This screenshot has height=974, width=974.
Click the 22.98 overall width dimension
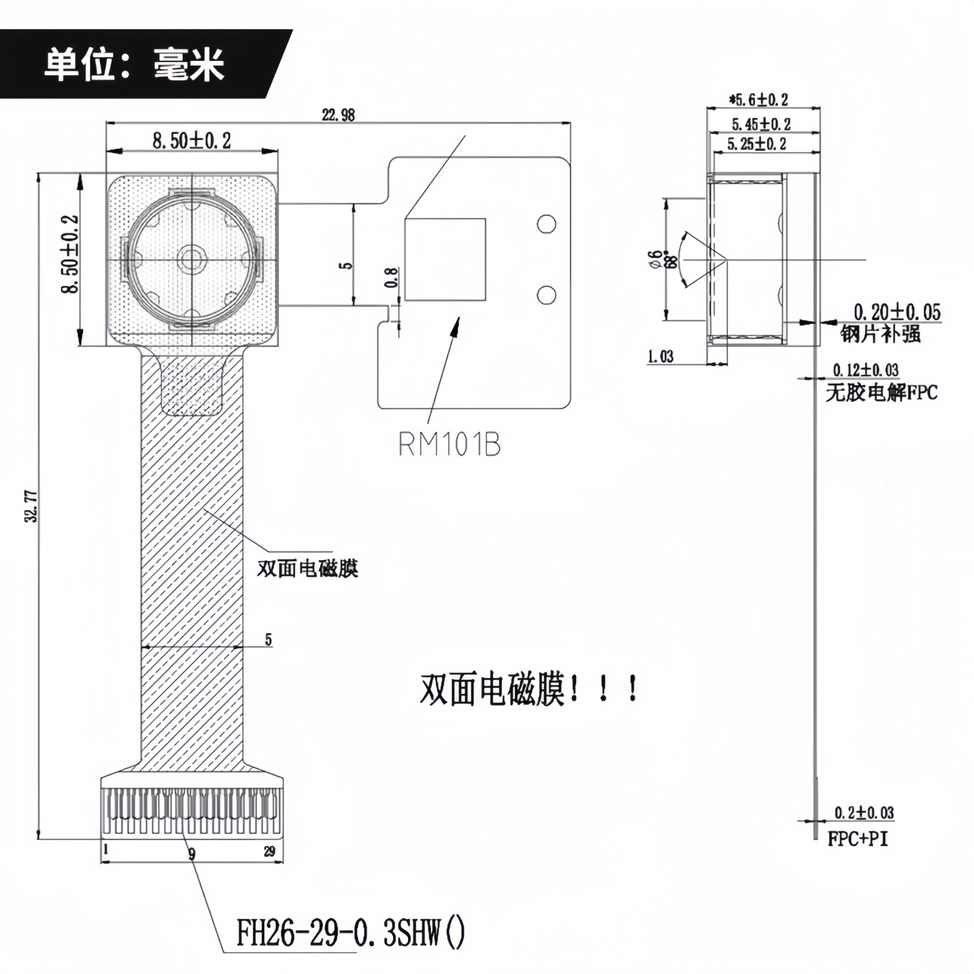click(338, 114)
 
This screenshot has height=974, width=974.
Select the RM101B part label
click(449, 444)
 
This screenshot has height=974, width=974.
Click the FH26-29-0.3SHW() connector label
click(350, 934)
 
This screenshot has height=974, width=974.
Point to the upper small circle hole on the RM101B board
click(546, 224)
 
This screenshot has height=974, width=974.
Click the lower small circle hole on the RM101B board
click(546, 294)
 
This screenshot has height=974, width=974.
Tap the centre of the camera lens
click(191, 260)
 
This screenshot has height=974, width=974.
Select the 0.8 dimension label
click(392, 278)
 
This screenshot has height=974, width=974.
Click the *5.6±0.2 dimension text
click(758, 100)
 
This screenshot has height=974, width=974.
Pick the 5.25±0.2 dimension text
click(757, 143)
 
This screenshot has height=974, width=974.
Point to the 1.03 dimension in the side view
click(660, 356)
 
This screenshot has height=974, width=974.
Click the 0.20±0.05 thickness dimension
click(897, 312)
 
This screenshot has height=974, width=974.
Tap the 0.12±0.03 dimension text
click(866, 370)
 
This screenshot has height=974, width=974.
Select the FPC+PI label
click(858, 839)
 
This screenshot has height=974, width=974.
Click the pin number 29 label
click(269, 851)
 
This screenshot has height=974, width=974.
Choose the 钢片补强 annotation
click(881, 333)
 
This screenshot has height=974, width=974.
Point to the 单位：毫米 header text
click(134, 66)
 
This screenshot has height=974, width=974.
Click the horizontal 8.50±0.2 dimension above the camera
click(191, 141)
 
